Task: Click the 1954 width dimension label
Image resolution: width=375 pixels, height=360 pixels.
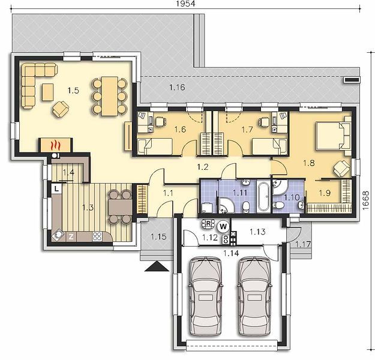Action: coord(185,4)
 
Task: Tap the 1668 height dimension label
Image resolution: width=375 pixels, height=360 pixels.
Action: coord(365,200)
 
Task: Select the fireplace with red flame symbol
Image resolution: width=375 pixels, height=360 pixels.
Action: coord(55,145)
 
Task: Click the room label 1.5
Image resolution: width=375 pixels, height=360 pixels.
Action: coord(73,91)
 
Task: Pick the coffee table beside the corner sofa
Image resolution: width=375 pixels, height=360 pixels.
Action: coord(48,92)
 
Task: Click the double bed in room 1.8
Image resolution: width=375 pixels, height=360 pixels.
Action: coord(334,136)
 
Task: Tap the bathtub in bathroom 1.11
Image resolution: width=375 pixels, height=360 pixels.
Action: coord(263,196)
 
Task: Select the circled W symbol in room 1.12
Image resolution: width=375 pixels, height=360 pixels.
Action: coord(223,226)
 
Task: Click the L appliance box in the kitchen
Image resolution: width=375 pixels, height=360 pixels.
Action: coord(56,189)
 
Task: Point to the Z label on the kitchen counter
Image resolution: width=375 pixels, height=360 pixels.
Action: coord(71,237)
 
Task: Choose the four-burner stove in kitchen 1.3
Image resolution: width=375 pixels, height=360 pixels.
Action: coord(97,236)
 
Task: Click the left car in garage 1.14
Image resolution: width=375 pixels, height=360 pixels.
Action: coord(205,296)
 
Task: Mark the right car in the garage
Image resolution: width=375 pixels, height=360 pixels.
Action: coord(254,296)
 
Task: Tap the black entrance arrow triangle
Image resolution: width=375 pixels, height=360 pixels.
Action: coord(157,266)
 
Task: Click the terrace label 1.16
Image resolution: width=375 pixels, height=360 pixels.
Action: coord(177,88)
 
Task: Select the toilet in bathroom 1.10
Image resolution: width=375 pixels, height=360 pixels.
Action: coord(278,205)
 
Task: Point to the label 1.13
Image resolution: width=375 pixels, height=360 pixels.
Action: coord(257,232)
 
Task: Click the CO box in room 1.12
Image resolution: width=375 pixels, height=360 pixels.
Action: coord(225,239)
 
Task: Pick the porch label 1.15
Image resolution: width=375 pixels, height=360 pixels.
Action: coord(158,237)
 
